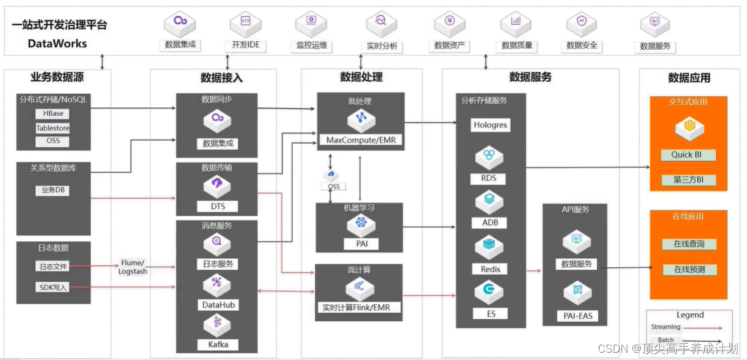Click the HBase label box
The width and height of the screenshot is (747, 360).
pyautogui.click(x=53, y=114)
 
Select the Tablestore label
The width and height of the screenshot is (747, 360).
pyautogui.click(x=53, y=128)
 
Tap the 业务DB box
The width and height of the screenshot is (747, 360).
pyautogui.click(x=52, y=190)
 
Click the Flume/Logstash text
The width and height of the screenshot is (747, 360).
pyautogui.click(x=132, y=267)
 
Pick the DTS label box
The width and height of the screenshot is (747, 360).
pyautogui.click(x=217, y=207)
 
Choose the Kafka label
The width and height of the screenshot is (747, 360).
pyautogui.click(x=217, y=345)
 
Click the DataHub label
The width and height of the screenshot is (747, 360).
pyautogui.click(x=217, y=305)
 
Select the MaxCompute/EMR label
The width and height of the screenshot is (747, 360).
pyautogui.click(x=361, y=140)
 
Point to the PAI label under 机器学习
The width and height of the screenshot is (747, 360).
pyautogui.click(x=360, y=244)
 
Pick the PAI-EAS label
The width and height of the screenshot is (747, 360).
pyautogui.click(x=577, y=316)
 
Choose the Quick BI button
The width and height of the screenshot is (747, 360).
pyautogui.click(x=688, y=155)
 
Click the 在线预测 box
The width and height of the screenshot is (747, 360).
pyautogui.click(x=688, y=270)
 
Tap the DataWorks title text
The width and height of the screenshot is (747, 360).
pyautogui.click(x=58, y=44)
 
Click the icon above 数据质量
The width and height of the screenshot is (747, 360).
pyautogui.click(x=516, y=23)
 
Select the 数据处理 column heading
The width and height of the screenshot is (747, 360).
pyautogui.click(x=361, y=77)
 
